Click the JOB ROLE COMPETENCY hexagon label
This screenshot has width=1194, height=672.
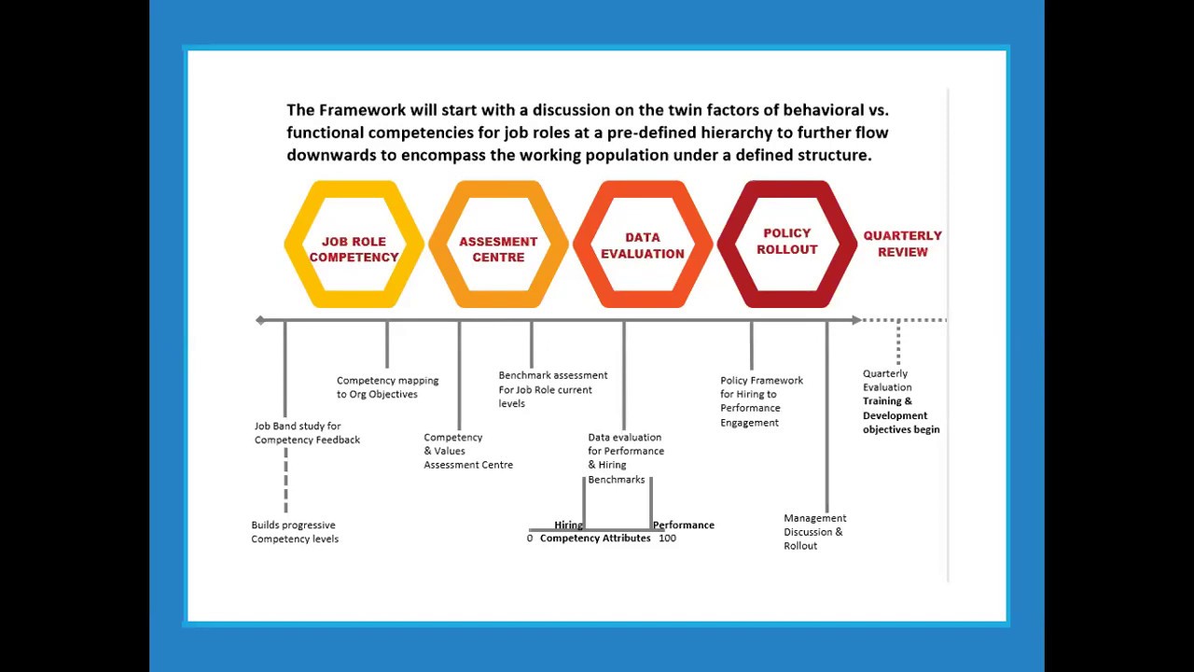point(354,249)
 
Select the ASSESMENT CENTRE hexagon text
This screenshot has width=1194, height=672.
point(498,249)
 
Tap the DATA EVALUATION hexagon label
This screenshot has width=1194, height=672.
point(643,245)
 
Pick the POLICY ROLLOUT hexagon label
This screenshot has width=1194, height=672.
point(786,241)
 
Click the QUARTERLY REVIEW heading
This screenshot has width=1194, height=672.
point(902,244)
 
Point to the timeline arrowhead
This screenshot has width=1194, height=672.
point(856,320)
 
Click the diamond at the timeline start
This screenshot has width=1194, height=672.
point(260,320)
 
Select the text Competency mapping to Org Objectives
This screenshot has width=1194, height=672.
point(387,387)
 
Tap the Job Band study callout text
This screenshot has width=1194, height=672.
point(307,432)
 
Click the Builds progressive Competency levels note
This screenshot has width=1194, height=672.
point(295,532)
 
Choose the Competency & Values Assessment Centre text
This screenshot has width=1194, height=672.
point(468,451)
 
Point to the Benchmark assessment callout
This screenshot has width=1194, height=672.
point(553,389)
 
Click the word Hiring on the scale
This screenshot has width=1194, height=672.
point(568,525)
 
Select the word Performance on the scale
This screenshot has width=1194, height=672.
point(684,525)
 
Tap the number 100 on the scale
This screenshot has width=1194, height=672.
point(667,539)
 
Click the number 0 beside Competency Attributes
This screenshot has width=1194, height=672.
point(529,539)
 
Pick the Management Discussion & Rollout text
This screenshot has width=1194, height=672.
point(814,532)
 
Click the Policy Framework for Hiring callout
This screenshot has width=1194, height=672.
point(761,401)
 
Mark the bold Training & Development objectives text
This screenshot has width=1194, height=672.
point(901,415)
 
